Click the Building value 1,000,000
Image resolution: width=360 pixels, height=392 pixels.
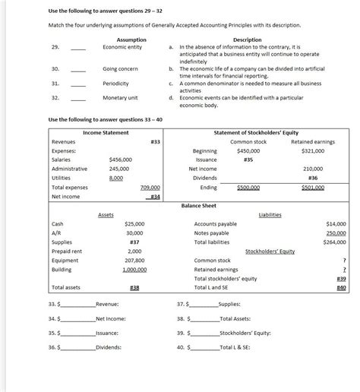(134, 270)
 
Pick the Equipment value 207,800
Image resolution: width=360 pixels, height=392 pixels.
(134, 261)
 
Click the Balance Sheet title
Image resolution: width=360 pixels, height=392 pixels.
(201, 205)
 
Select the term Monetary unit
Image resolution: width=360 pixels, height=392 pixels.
(119, 98)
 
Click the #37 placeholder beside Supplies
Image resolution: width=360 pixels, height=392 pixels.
(134, 242)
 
